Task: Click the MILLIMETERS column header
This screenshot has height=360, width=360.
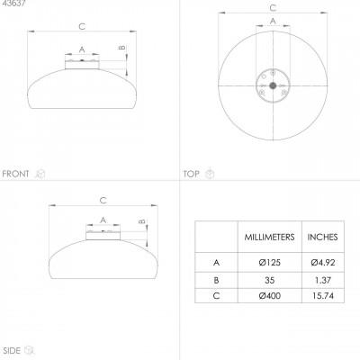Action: click(269, 237)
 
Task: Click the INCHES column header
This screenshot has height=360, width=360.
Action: click(322, 237)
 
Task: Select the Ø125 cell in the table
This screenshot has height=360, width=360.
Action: click(269, 263)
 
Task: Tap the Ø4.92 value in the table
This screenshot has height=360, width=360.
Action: click(323, 263)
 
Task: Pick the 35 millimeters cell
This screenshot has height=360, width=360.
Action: click(269, 280)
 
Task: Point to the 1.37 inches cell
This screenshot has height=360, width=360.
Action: click(323, 280)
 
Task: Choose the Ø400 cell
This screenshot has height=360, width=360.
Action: click(269, 296)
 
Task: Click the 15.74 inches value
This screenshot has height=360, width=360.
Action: click(323, 296)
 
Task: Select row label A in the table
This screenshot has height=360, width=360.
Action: click(216, 263)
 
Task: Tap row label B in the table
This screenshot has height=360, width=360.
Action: click(216, 280)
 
